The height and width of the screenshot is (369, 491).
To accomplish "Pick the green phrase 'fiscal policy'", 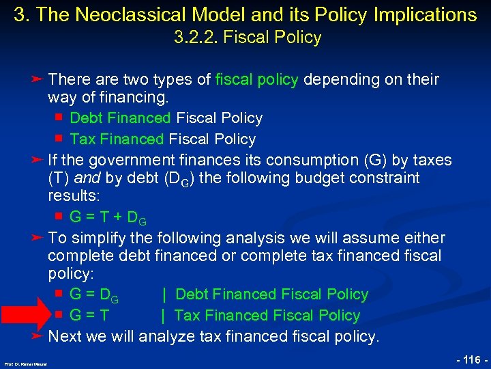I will [256, 80].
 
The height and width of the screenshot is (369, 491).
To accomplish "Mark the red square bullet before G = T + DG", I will [59, 217].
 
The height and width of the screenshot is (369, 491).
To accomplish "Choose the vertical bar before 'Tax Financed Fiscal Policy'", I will [163, 316].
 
